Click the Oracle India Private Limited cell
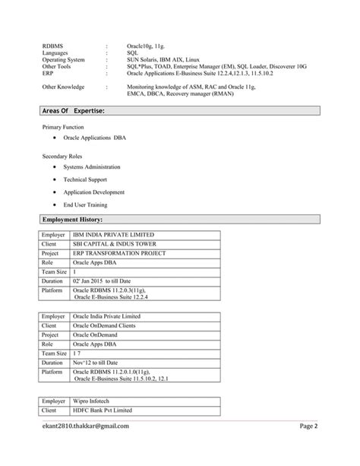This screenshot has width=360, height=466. pos(106,315)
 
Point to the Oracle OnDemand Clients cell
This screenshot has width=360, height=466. pos(104,325)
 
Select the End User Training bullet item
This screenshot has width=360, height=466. pos(85,205)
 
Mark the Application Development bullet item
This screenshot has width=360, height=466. pos(93,192)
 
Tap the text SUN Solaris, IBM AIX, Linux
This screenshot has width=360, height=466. pos(165,60)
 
